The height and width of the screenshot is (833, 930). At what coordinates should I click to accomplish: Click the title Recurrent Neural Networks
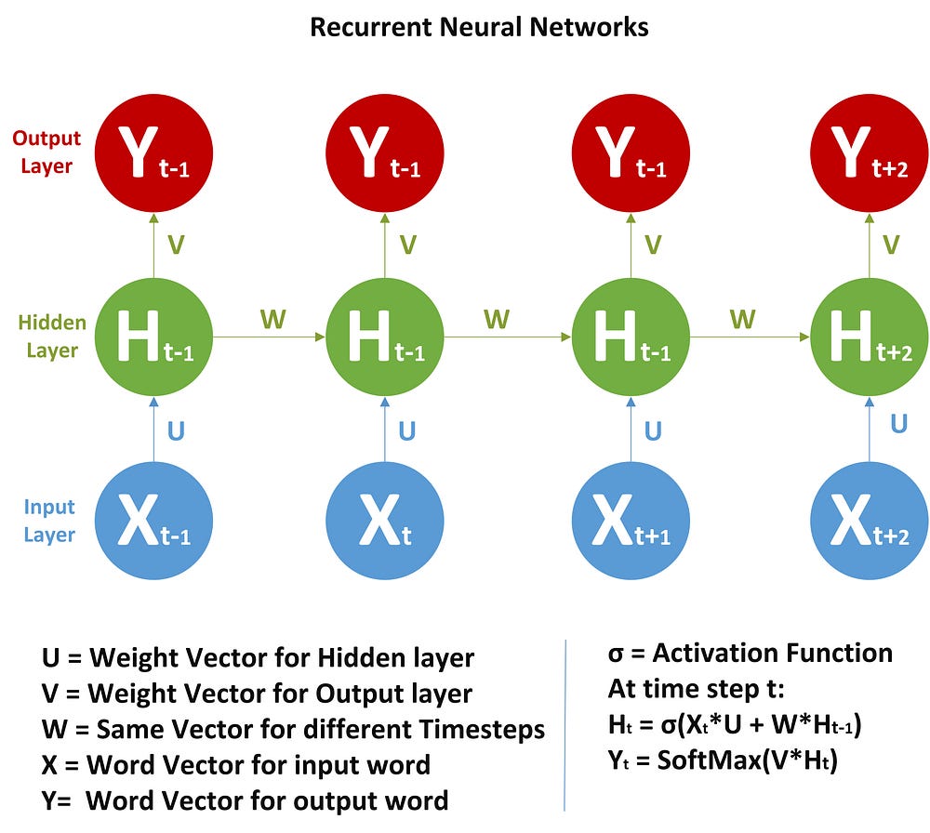tap(479, 27)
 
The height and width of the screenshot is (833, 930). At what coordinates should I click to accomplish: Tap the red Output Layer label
tap(46, 152)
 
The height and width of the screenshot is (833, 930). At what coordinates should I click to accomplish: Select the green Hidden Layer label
tap(52, 337)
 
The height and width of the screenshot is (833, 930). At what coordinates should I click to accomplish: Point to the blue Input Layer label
tap(49, 521)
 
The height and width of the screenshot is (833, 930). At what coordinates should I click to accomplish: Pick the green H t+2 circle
tap(870, 337)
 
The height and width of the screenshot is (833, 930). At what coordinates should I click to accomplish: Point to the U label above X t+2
tap(898, 423)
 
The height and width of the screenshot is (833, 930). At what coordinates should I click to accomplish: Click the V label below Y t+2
tap(891, 245)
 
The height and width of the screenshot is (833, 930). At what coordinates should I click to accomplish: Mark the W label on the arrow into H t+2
tap(742, 320)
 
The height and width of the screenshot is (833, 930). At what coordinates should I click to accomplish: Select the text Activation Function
tap(773, 653)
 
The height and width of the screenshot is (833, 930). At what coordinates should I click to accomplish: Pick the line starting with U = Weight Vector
tap(259, 658)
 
